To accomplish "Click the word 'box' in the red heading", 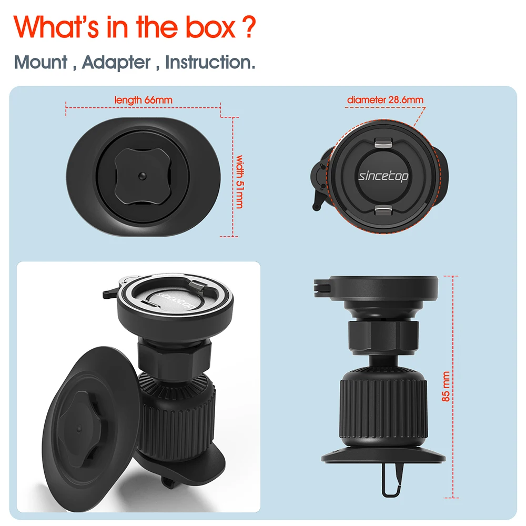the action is coord(211,27).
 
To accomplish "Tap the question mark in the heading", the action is coord(249,27).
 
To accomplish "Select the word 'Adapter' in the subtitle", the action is coord(116,63).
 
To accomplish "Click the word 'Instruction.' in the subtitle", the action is coord(210,62).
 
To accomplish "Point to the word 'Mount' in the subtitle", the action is coord(41,62).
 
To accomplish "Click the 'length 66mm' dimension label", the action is coord(143,100).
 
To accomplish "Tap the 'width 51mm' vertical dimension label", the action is coord(239,182).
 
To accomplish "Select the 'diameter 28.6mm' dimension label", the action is coord(385,99).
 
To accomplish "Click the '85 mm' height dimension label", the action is coord(446,386).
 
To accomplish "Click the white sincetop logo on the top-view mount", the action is coord(383,176).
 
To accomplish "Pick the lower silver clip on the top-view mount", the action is coord(383,210).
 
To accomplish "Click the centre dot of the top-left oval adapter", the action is coord(143,176).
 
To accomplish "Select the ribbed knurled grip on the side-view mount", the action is coord(383,408).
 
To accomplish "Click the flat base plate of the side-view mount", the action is coord(383,454).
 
